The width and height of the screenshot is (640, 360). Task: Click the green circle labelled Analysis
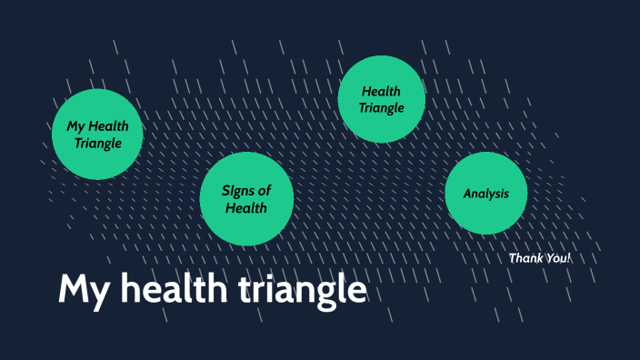tap(485, 194)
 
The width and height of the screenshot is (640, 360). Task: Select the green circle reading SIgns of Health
tap(245, 199)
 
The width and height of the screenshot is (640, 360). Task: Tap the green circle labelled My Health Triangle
tap(97, 135)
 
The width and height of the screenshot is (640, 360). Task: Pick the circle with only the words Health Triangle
tap(381, 99)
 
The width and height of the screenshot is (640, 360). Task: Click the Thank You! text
tap(539, 258)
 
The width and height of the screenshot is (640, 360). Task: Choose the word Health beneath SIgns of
tap(245, 208)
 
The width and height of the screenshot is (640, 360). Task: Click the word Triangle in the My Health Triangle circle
tap(97, 144)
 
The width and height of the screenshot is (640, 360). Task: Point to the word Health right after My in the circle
tap(108, 126)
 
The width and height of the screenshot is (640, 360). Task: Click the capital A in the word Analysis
tap(467, 194)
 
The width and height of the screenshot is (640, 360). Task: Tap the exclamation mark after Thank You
tap(568, 258)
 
